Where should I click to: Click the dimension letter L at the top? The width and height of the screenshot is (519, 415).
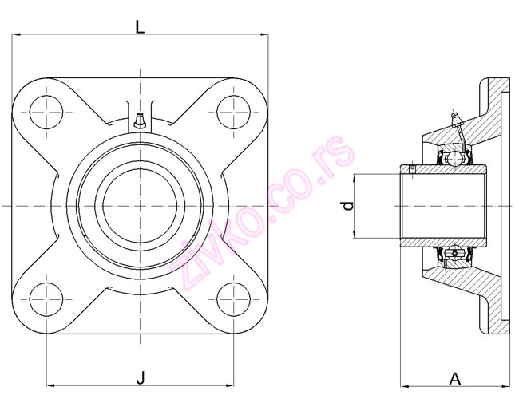(140, 27)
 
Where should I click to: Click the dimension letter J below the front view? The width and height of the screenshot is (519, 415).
(141, 378)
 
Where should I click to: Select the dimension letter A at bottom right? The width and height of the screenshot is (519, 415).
(455, 379)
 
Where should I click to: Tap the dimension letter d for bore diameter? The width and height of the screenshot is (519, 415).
(348, 206)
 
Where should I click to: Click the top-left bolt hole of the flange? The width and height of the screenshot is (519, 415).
(46, 113)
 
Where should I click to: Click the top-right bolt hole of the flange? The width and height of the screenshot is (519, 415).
(234, 113)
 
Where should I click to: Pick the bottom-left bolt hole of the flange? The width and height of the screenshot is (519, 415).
(46, 299)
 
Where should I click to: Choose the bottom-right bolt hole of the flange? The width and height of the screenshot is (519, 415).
(234, 299)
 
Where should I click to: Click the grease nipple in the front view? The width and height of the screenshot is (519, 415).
(140, 121)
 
